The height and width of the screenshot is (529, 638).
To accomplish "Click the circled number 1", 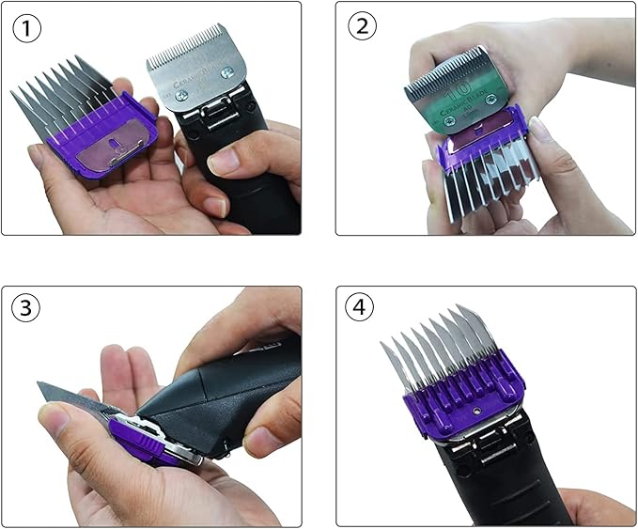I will [28, 28].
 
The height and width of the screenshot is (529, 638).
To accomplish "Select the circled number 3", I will [28, 308].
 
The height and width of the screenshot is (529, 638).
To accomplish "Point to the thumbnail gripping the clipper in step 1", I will [226, 161].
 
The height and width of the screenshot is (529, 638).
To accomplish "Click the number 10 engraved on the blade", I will [459, 92].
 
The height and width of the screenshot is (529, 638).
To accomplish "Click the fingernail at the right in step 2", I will [538, 127].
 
